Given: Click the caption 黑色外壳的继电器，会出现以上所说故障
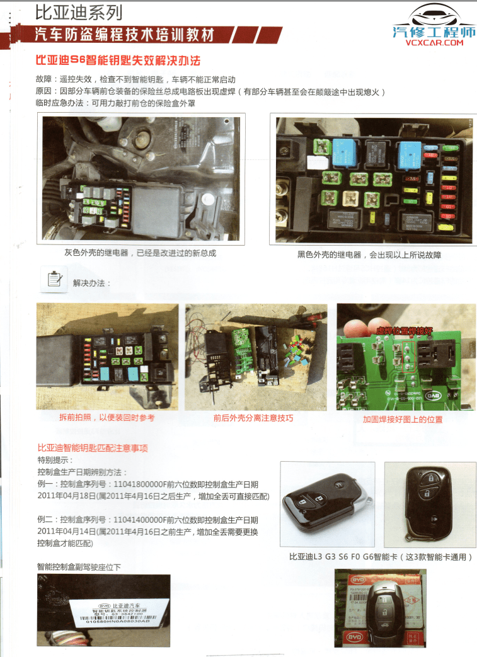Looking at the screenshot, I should point(369,255).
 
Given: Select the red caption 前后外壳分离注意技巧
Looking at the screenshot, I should point(253,418).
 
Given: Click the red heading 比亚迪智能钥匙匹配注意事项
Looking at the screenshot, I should point(93,447).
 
